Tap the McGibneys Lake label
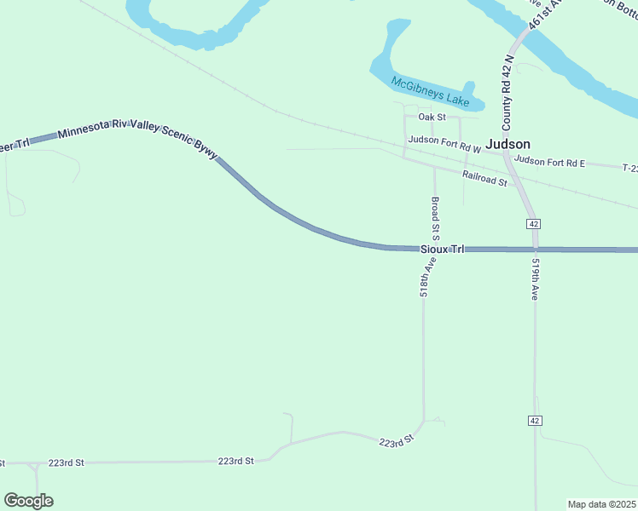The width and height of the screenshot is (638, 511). (x=430, y=93)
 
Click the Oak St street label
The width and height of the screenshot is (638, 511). (x=432, y=117)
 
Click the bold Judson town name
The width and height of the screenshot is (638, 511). (x=508, y=144)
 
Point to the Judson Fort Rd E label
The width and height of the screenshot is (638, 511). (x=550, y=161)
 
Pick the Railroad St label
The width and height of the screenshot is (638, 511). (x=484, y=178)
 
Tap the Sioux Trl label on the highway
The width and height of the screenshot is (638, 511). (x=443, y=250)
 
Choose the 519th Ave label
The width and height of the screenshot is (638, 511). (x=535, y=279)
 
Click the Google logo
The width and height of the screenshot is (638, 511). (x=28, y=500)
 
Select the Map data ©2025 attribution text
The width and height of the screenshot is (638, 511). (x=602, y=504)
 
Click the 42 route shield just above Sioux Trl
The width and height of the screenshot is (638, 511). (x=533, y=223)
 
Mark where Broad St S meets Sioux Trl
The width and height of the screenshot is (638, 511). (x=434, y=249)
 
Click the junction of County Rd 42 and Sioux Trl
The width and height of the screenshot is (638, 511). (x=535, y=250)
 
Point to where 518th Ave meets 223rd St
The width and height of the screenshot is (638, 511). (x=423, y=422)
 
